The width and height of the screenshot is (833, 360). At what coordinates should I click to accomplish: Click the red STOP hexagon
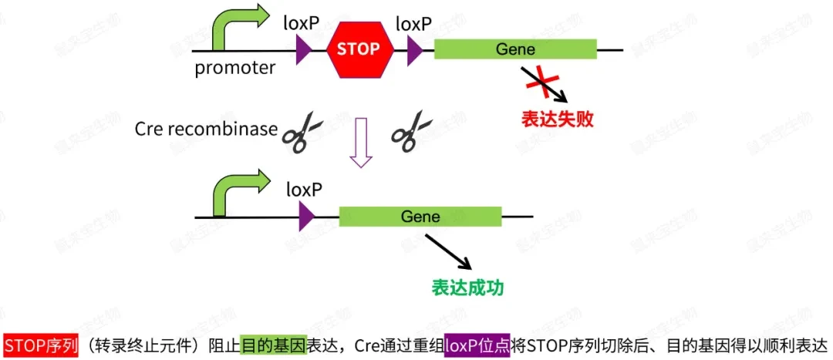(360, 49)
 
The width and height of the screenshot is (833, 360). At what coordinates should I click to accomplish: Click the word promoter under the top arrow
(234, 68)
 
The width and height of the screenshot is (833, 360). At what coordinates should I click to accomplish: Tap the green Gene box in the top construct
(515, 49)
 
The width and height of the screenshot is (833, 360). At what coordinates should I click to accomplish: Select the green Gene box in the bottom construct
(420, 217)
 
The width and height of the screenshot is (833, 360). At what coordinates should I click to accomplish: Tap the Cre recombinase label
(205, 129)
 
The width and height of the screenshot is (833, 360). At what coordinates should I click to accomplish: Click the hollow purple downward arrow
(360, 142)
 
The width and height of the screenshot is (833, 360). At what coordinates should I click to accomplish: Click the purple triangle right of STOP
(415, 50)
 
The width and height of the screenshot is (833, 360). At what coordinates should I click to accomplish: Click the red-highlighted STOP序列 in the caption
(41, 345)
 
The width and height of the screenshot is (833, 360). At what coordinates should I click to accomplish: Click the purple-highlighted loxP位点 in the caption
(477, 345)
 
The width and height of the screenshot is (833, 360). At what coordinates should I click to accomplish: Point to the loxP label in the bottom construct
(304, 189)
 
